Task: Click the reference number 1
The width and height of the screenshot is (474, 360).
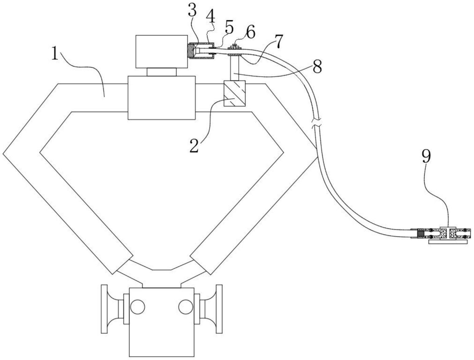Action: pos(55,54)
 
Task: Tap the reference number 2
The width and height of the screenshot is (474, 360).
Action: pos(194,145)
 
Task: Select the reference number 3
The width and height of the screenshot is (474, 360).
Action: pos(192,11)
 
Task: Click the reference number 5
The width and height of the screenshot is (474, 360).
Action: pos(229,28)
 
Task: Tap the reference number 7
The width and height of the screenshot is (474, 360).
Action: pos(278,42)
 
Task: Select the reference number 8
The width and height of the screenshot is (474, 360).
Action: pos(317,66)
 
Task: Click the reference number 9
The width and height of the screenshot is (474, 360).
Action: pos(426,156)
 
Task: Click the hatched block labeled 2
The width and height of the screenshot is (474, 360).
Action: pos(235,94)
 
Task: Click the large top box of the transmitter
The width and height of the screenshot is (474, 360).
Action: pos(161,51)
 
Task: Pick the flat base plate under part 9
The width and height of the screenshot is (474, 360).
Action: pos(448,242)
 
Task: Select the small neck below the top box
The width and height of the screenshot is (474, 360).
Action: pos(162,72)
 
